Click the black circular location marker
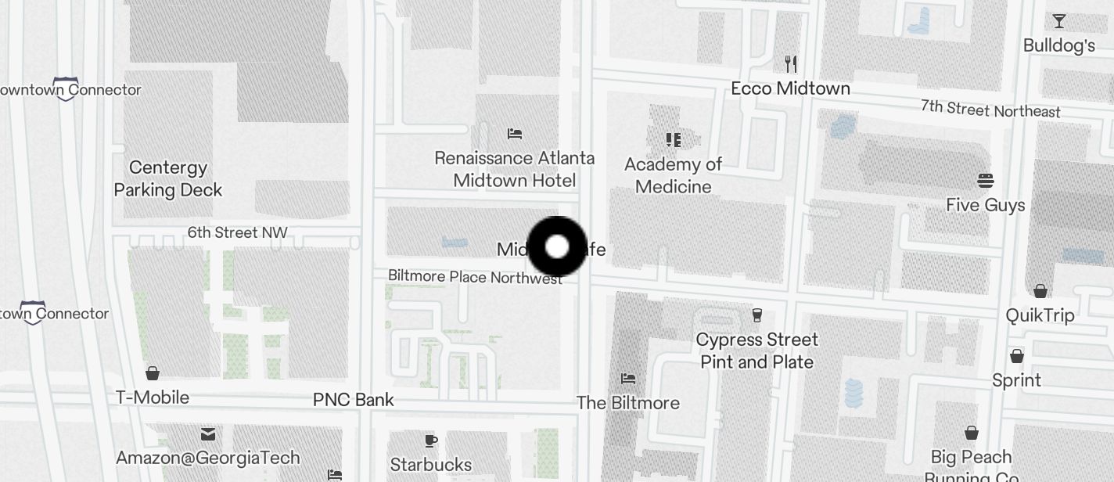pos(557,247)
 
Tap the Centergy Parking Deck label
pos(168,179)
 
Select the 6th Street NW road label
pos(237,232)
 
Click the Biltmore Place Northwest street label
pos(475,277)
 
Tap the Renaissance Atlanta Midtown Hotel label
pos(515,169)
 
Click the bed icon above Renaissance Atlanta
pos(515,134)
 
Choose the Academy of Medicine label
pos(674,175)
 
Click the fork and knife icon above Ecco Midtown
pos(791,63)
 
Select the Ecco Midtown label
pos(790,88)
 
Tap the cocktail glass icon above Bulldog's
pos(1059,21)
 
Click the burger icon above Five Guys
pos(986,181)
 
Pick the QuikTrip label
pos(1040,315)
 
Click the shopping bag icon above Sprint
pos(1017,356)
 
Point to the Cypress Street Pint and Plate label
pos(756,351)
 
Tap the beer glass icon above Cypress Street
pos(756,315)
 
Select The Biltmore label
pos(628,403)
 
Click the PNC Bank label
pos(354,400)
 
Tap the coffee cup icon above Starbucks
pos(431,441)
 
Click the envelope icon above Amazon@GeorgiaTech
pos(208,433)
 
